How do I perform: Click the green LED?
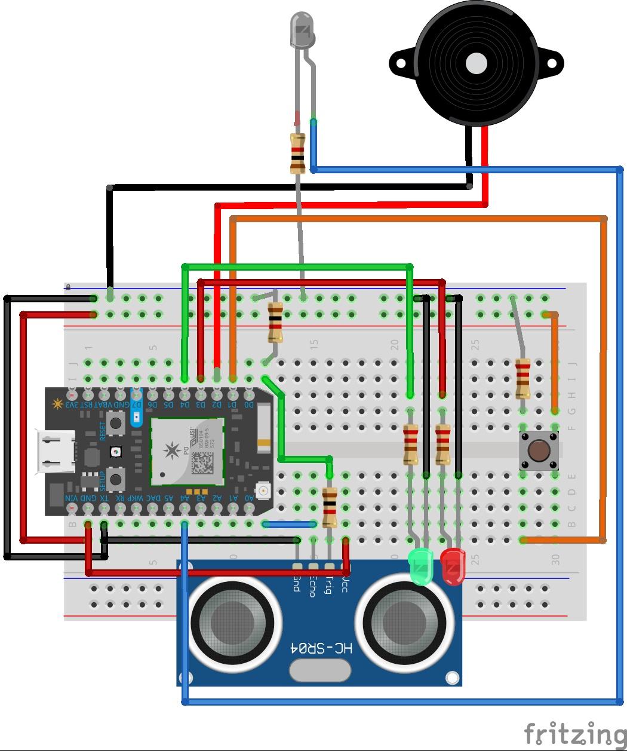click(421, 566)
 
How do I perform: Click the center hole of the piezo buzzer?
click(476, 63)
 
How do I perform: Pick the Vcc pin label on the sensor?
click(345, 583)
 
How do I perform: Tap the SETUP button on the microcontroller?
click(116, 477)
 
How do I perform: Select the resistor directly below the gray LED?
click(297, 153)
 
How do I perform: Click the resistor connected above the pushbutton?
click(522, 379)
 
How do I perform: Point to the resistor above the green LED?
click(410, 444)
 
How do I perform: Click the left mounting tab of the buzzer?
click(401, 62)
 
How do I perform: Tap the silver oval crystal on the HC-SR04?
click(319, 671)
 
